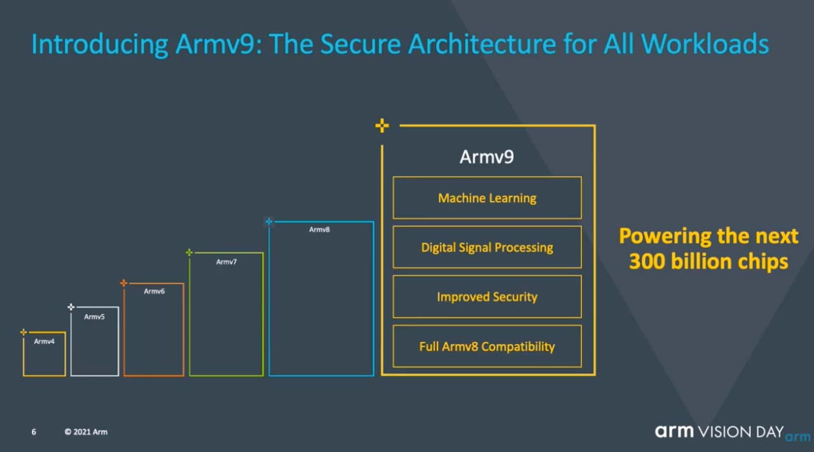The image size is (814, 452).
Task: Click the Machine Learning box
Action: (x=487, y=198)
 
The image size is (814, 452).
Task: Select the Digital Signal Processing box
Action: (x=487, y=247)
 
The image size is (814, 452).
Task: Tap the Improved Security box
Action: (x=487, y=297)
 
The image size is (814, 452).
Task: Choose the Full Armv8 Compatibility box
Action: (x=487, y=346)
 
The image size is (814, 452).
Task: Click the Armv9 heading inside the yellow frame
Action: (x=486, y=157)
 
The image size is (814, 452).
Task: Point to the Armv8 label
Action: (x=319, y=229)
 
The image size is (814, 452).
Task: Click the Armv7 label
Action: (x=226, y=262)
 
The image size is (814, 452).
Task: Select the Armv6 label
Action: (x=154, y=291)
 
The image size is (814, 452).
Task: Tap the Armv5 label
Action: (x=94, y=317)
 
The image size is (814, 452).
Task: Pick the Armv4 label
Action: (x=44, y=341)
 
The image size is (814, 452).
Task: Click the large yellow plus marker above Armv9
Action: (x=382, y=126)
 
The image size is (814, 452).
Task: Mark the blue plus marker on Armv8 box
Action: (x=269, y=222)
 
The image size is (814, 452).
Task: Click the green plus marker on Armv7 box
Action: (x=189, y=252)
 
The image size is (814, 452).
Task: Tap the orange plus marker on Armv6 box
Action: (x=124, y=283)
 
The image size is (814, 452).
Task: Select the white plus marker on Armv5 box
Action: (x=71, y=307)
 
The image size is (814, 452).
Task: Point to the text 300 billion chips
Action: (x=708, y=261)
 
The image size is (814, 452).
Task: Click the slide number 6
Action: (x=34, y=432)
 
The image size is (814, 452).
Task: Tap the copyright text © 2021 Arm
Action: (x=86, y=432)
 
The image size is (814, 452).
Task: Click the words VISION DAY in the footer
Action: (x=741, y=432)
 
